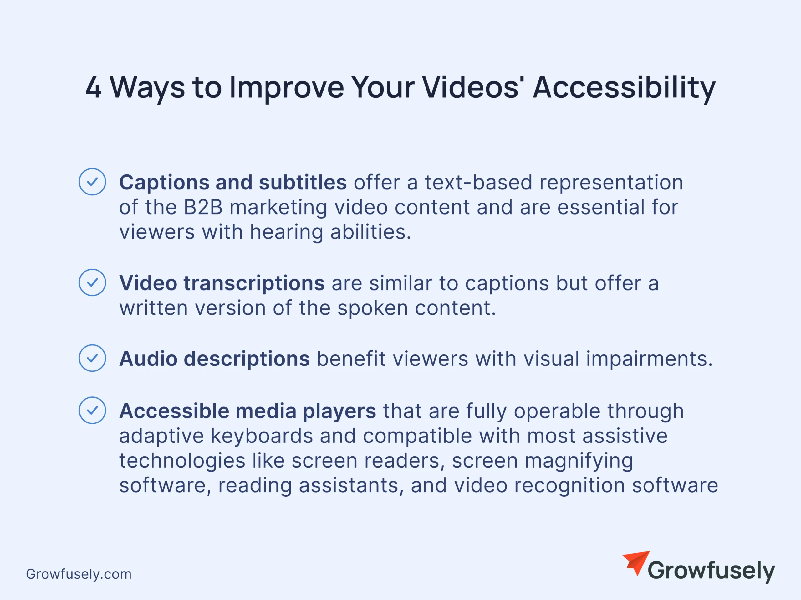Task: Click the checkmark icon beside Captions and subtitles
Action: click(x=92, y=182)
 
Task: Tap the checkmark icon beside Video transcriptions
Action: click(x=92, y=282)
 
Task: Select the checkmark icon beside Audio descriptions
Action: click(x=92, y=358)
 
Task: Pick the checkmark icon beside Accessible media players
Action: click(x=92, y=410)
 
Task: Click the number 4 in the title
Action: click(x=94, y=88)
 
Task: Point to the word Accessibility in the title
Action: click(x=624, y=89)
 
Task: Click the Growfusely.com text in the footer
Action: click(x=79, y=574)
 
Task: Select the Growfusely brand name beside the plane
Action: click(x=711, y=571)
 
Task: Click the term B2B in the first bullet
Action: click(x=203, y=207)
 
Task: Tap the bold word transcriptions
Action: click(x=254, y=283)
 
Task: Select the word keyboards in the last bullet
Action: click(x=262, y=436)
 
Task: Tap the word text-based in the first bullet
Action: click(x=478, y=182)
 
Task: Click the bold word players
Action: click(x=339, y=411)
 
